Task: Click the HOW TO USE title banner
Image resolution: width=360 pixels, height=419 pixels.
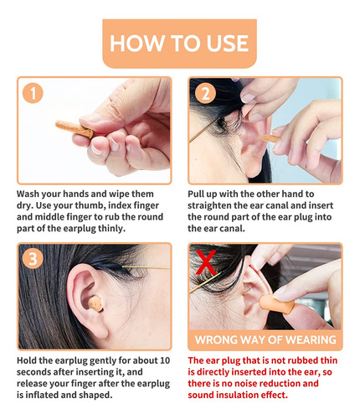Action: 179,44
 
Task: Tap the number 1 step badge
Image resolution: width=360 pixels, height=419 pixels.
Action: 33,93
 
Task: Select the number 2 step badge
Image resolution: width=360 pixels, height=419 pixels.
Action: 205,93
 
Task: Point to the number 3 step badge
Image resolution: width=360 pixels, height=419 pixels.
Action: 33,258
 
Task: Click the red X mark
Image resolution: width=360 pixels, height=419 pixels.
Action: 206,262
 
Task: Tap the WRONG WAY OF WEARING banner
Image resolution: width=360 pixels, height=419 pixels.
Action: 265,339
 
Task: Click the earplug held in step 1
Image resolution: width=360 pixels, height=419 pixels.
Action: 75,129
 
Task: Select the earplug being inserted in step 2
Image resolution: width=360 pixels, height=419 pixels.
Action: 270,138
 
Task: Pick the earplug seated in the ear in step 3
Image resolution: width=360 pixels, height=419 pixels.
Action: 95,304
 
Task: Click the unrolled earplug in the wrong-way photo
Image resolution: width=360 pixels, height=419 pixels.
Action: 276,305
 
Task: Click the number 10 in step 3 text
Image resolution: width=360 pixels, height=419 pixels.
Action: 165,360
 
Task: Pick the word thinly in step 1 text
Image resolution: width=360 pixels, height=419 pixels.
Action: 111,229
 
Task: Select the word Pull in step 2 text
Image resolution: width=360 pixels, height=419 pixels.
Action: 196,194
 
